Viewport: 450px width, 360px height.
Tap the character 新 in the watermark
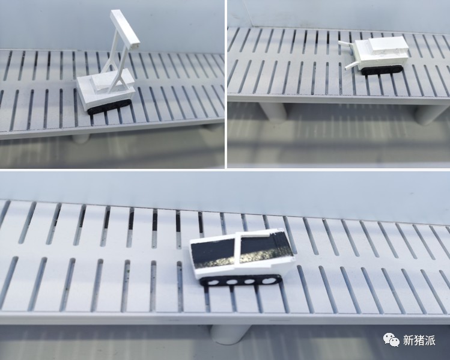[x=409, y=340]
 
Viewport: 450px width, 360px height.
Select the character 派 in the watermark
[x=430, y=340]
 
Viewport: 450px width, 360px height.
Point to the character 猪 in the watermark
[x=419, y=340]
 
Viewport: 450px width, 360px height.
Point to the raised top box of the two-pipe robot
[x=388, y=46]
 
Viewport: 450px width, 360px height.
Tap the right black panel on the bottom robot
[x=264, y=248]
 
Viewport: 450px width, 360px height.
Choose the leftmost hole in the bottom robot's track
[x=213, y=282]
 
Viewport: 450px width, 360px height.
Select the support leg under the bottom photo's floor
[x=229, y=334]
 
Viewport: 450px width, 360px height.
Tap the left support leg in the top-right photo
[x=273, y=112]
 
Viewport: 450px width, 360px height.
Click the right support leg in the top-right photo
[x=428, y=114]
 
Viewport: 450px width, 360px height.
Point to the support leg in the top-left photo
[x=81, y=138]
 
